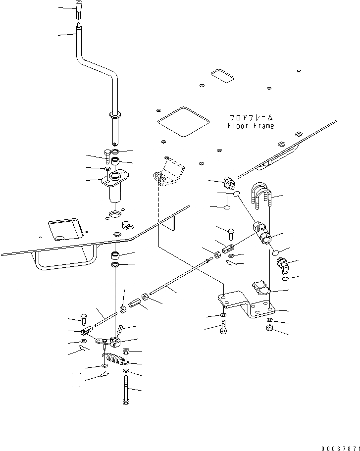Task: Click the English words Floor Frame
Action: click(x=251, y=126)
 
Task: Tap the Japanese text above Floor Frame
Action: click(x=251, y=118)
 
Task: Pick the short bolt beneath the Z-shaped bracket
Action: click(x=224, y=327)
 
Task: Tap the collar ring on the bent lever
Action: click(x=115, y=116)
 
